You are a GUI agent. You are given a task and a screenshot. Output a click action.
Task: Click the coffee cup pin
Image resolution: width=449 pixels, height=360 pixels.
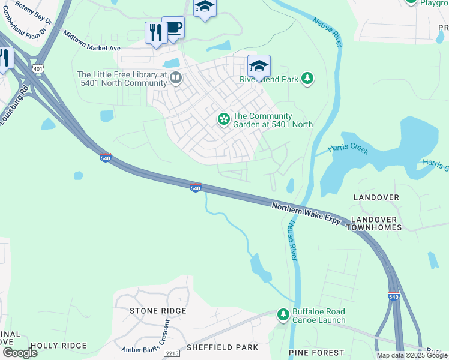[x=173, y=28]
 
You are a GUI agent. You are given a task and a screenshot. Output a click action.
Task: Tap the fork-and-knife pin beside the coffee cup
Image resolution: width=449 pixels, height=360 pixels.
[x=155, y=33]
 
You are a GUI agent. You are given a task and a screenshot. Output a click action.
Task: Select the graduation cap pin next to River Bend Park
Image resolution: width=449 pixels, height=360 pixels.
[x=259, y=66]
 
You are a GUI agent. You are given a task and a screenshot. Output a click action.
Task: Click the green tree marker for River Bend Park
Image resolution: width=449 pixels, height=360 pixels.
[x=307, y=79]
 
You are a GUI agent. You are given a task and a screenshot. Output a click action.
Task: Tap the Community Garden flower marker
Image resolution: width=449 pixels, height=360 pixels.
[x=223, y=120]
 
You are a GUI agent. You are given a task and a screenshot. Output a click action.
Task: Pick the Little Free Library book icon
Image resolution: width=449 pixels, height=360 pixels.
[x=176, y=77]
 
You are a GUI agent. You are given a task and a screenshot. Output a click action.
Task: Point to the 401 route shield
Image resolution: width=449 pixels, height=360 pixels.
[x=38, y=69]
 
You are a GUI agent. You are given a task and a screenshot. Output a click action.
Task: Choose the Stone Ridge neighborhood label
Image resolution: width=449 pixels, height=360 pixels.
[x=158, y=311]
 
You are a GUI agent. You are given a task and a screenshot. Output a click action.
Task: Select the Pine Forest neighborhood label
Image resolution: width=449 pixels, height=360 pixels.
[x=316, y=353]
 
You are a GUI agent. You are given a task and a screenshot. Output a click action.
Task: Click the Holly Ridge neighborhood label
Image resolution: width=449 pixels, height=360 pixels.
[x=58, y=346]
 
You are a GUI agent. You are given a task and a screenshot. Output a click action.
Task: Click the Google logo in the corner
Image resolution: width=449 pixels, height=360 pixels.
[x=20, y=352]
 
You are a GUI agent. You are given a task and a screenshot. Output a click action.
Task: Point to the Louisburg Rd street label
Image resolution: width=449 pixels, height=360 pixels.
[x=15, y=105]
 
